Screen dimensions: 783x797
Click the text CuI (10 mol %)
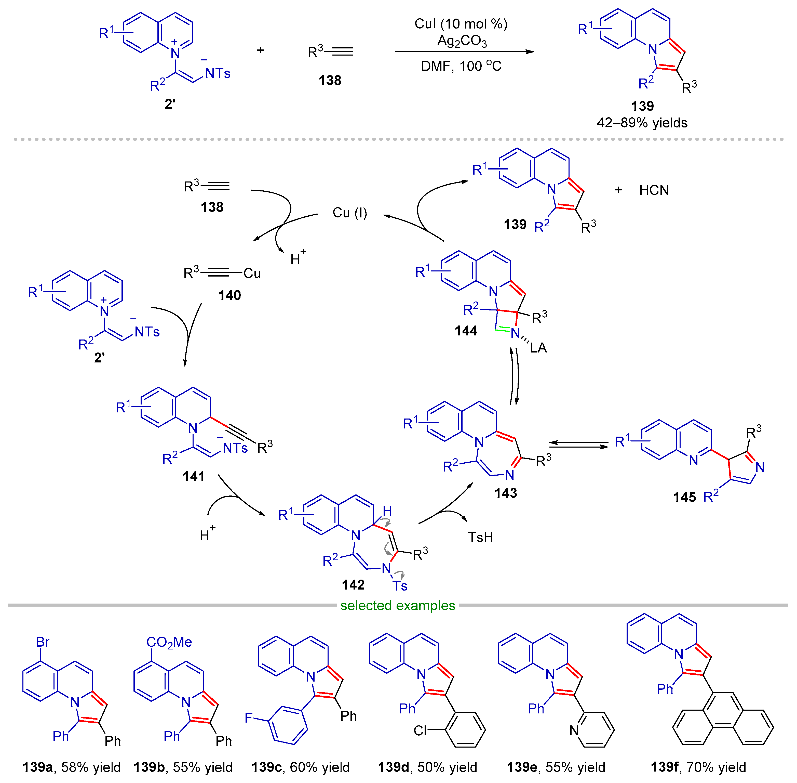click(x=461, y=24)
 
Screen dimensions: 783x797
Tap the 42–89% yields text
click(x=642, y=123)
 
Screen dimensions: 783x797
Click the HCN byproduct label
click(x=654, y=190)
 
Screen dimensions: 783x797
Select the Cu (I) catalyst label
click(x=349, y=213)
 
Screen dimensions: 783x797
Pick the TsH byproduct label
click(x=480, y=537)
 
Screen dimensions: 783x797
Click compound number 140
click(x=229, y=295)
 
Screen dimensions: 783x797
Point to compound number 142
click(x=353, y=584)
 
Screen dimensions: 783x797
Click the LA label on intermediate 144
click(x=538, y=348)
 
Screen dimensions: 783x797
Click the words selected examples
click(x=397, y=605)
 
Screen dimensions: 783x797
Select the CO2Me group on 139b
click(x=169, y=642)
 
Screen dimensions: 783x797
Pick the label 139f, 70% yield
click(x=698, y=767)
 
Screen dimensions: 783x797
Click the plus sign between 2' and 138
click(x=260, y=50)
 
